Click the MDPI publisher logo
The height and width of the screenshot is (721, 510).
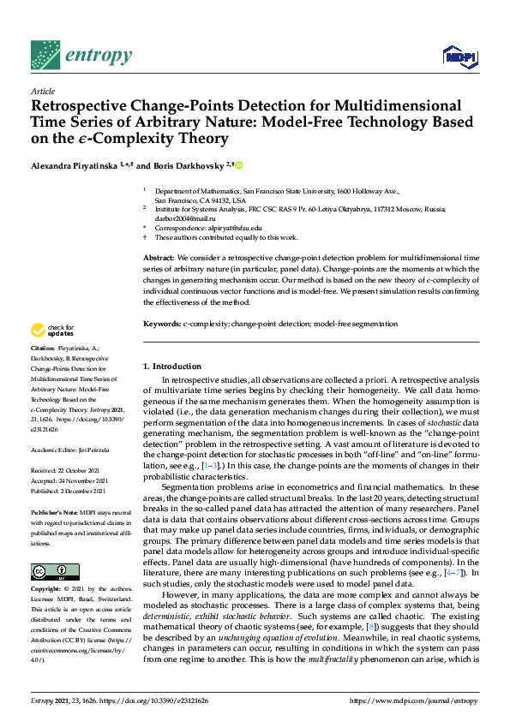[459, 57]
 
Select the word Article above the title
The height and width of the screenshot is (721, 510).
[42, 92]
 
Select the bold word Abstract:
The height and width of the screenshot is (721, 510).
[160, 258]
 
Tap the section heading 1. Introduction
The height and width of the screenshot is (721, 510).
[172, 366]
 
